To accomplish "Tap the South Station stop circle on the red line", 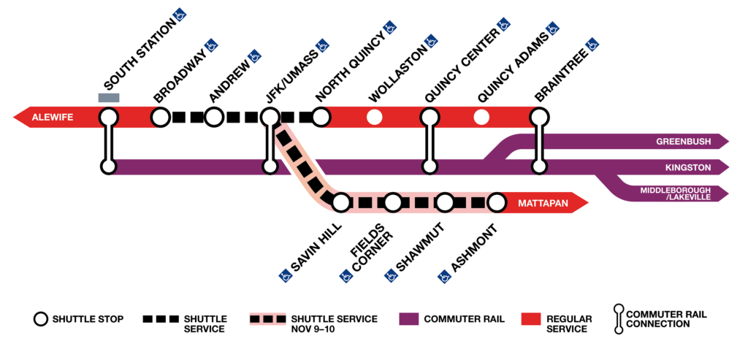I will pyautogui.click(x=109, y=117).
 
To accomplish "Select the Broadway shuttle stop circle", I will pyautogui.click(x=161, y=117).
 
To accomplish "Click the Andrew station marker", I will pyautogui.click(x=214, y=117).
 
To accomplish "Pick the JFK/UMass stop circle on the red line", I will pyautogui.click(x=270, y=117).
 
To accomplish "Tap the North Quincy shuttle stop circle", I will pyautogui.click(x=321, y=117).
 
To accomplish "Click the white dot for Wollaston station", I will pyautogui.click(x=375, y=117).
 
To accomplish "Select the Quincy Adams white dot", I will pyautogui.click(x=481, y=117).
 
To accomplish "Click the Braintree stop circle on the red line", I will pyautogui.click(x=539, y=117).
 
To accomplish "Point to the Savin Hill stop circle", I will pyautogui.click(x=340, y=201).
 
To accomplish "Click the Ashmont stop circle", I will pyautogui.click(x=497, y=201).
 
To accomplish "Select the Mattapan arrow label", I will pyautogui.click(x=543, y=201).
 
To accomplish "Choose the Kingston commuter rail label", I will pyautogui.click(x=688, y=167).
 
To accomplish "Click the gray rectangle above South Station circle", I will pyautogui.click(x=109, y=98).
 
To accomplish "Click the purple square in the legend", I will pyautogui.click(x=409, y=319).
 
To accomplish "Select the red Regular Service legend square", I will pyautogui.click(x=530, y=319).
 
